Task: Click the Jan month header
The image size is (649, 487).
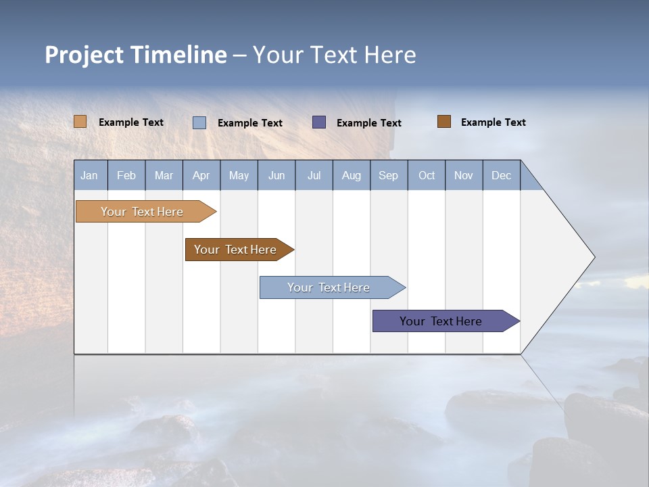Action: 90,175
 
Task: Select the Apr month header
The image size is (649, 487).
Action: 201,175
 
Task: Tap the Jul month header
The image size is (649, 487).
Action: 314,175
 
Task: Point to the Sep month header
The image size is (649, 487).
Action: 388,175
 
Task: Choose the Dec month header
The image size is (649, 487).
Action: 501,175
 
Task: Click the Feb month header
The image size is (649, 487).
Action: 126,175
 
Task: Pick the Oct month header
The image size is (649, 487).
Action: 427,175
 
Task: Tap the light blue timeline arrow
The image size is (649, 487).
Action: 329,287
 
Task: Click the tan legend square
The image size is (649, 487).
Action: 80,122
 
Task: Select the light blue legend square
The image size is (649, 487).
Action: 199,122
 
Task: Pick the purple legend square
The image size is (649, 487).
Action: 319,122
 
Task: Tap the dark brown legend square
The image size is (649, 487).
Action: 444,122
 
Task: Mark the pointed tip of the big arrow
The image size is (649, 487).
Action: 593,257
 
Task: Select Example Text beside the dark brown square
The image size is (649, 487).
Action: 493,122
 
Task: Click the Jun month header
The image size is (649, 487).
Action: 276,175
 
